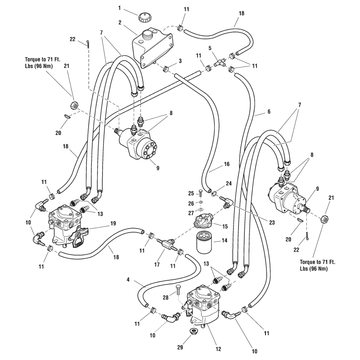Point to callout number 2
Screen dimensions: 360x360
coord(120,22)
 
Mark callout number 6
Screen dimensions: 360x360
coord(269,110)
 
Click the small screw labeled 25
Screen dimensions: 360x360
coord(201,193)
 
